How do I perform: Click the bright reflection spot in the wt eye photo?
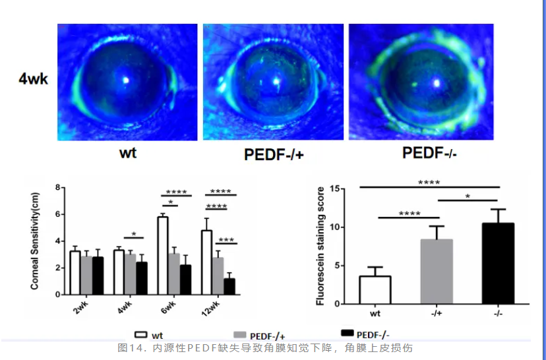click(127, 80)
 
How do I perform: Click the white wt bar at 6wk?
click(162, 255)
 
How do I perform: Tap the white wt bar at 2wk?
click(75, 272)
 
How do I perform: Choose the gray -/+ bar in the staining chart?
click(437, 272)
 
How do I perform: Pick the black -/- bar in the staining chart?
click(498, 264)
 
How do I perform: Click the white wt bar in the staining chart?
click(375, 290)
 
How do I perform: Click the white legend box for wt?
click(140, 334)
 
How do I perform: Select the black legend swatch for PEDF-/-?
click(347, 334)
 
